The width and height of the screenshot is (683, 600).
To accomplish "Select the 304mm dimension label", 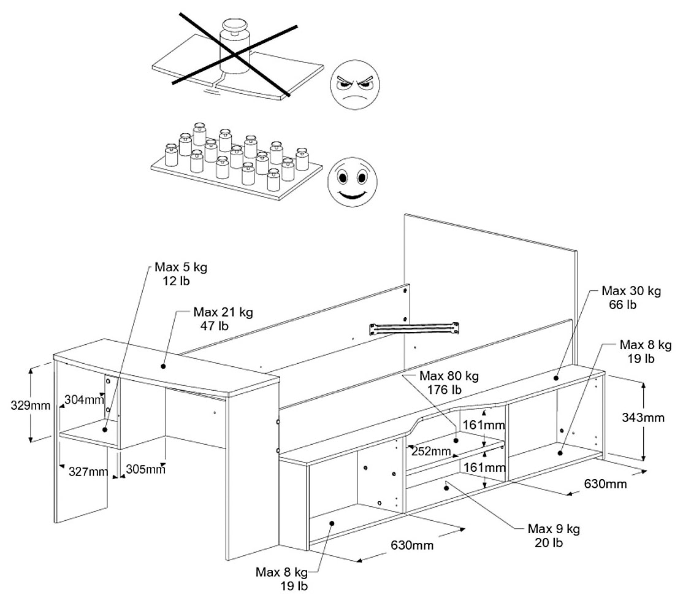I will pos(83,400).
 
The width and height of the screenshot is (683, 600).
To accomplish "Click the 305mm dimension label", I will pos(145,469).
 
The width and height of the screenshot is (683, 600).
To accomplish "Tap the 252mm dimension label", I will pos(432,452).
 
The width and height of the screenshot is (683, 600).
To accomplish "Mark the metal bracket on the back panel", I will pos(414,328).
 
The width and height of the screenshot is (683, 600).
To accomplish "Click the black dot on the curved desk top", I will pos(164,366).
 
